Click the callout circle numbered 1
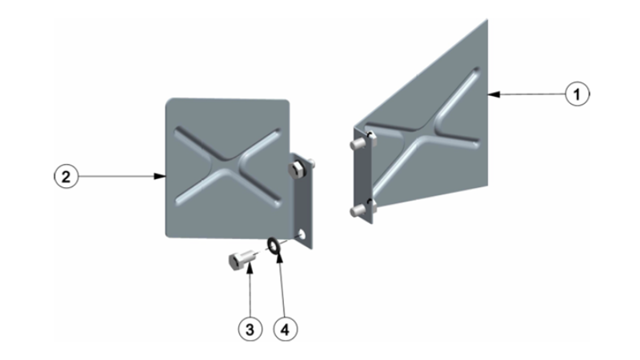click(577, 94)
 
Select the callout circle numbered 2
click(66, 176)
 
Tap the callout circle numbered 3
click(250, 329)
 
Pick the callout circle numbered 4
click(286, 329)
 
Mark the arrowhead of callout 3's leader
click(249, 268)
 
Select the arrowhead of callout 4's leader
click(278, 257)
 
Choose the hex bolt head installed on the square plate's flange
click(295, 170)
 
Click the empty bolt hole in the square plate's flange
click(302, 234)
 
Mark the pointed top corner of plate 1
click(487, 19)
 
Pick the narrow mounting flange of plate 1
click(363, 175)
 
